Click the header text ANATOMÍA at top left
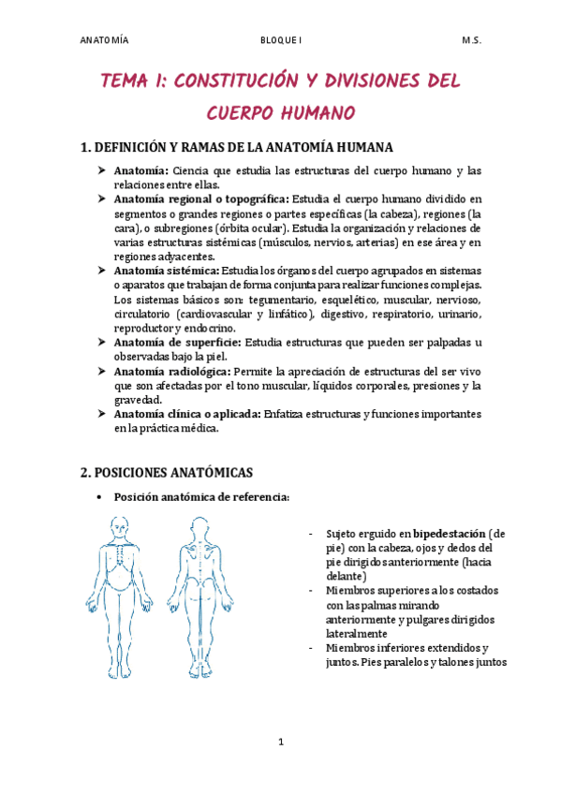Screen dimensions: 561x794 pyautogui.click(x=104, y=41)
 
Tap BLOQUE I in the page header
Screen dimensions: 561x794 pyautogui.click(x=281, y=41)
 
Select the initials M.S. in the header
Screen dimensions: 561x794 pyautogui.click(x=471, y=41)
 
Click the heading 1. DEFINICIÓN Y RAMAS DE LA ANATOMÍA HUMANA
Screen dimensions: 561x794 pyautogui.click(x=238, y=148)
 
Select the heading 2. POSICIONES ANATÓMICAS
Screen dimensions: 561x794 pyautogui.click(x=168, y=472)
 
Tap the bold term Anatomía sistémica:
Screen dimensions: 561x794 pyautogui.click(x=160, y=271)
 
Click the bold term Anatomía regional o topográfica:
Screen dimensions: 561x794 pyautogui.click(x=201, y=198)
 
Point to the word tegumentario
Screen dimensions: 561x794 pyautogui.click(x=291, y=300)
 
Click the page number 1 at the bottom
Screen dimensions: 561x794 pyautogui.click(x=280, y=743)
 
